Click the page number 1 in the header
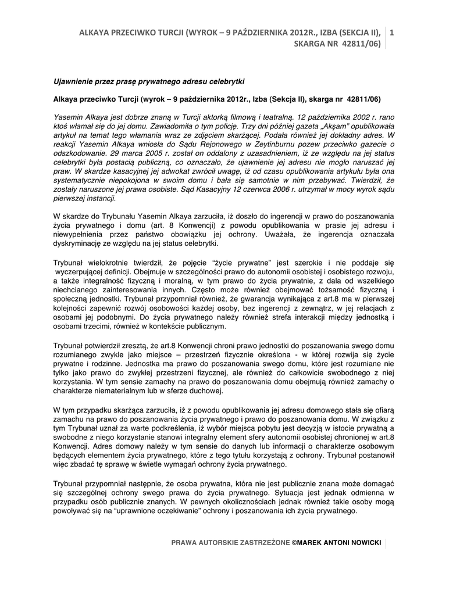click(x=391, y=33)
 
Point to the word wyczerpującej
click(x=80, y=271)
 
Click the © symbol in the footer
click(x=294, y=542)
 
